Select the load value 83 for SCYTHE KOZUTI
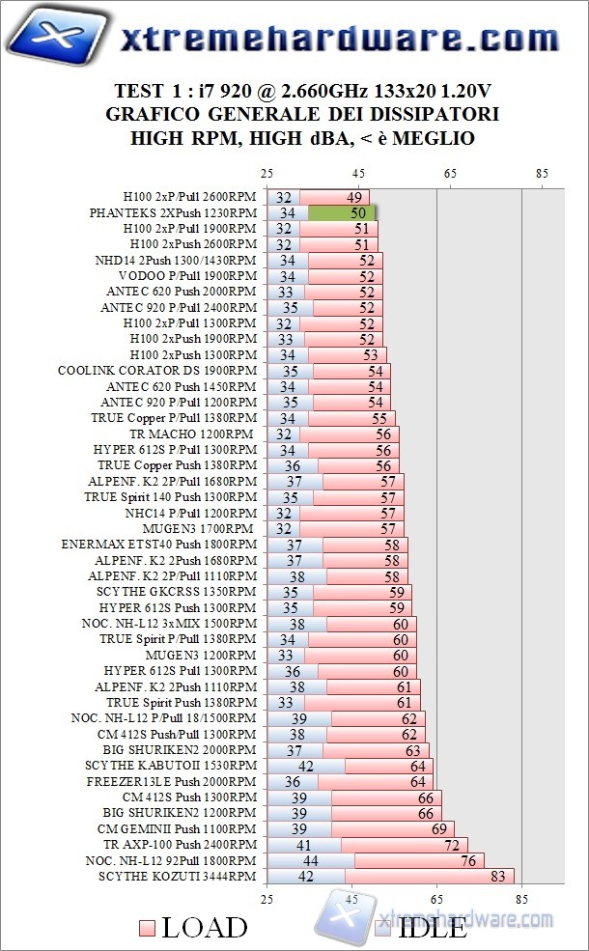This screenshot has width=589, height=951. coord(498,876)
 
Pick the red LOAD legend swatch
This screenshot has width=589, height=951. coord(146,929)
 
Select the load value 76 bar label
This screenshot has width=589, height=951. coord(468,860)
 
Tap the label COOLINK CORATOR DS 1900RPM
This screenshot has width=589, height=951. coord(157,370)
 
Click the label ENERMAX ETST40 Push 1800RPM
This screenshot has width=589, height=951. coord(159,545)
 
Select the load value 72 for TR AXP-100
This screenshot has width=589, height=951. coord(451,845)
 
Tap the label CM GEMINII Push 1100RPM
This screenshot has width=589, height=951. coord(177,828)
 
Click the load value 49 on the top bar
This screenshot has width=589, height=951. coord(352,197)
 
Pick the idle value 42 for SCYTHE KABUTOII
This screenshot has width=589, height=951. coord(305,766)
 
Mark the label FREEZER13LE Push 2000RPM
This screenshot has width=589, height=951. coord(172,781)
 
